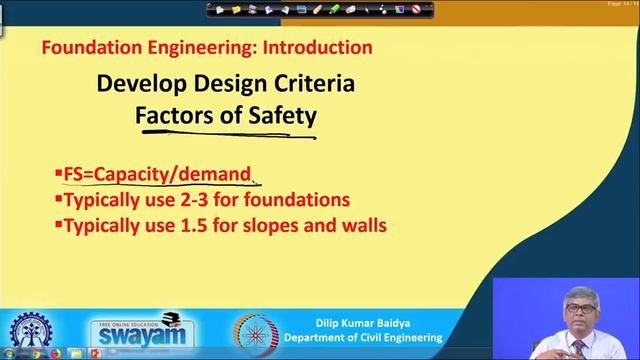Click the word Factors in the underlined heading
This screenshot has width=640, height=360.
pos(176,115)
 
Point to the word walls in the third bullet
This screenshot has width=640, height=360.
pos(363,225)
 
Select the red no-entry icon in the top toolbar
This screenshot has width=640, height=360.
pos(429,9)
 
